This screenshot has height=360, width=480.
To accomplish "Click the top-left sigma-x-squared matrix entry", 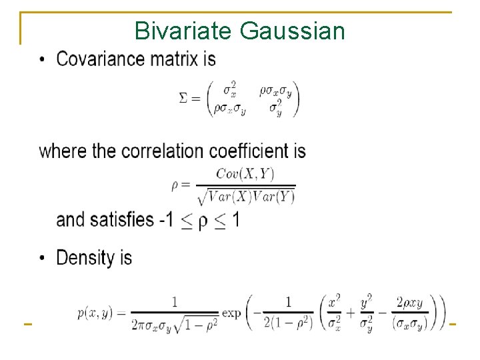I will point(229,89).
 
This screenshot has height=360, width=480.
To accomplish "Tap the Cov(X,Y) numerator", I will point(245,174).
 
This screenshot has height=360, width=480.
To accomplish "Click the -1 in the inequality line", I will point(167,219).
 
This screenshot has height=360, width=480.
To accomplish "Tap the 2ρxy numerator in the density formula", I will point(409,302).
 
